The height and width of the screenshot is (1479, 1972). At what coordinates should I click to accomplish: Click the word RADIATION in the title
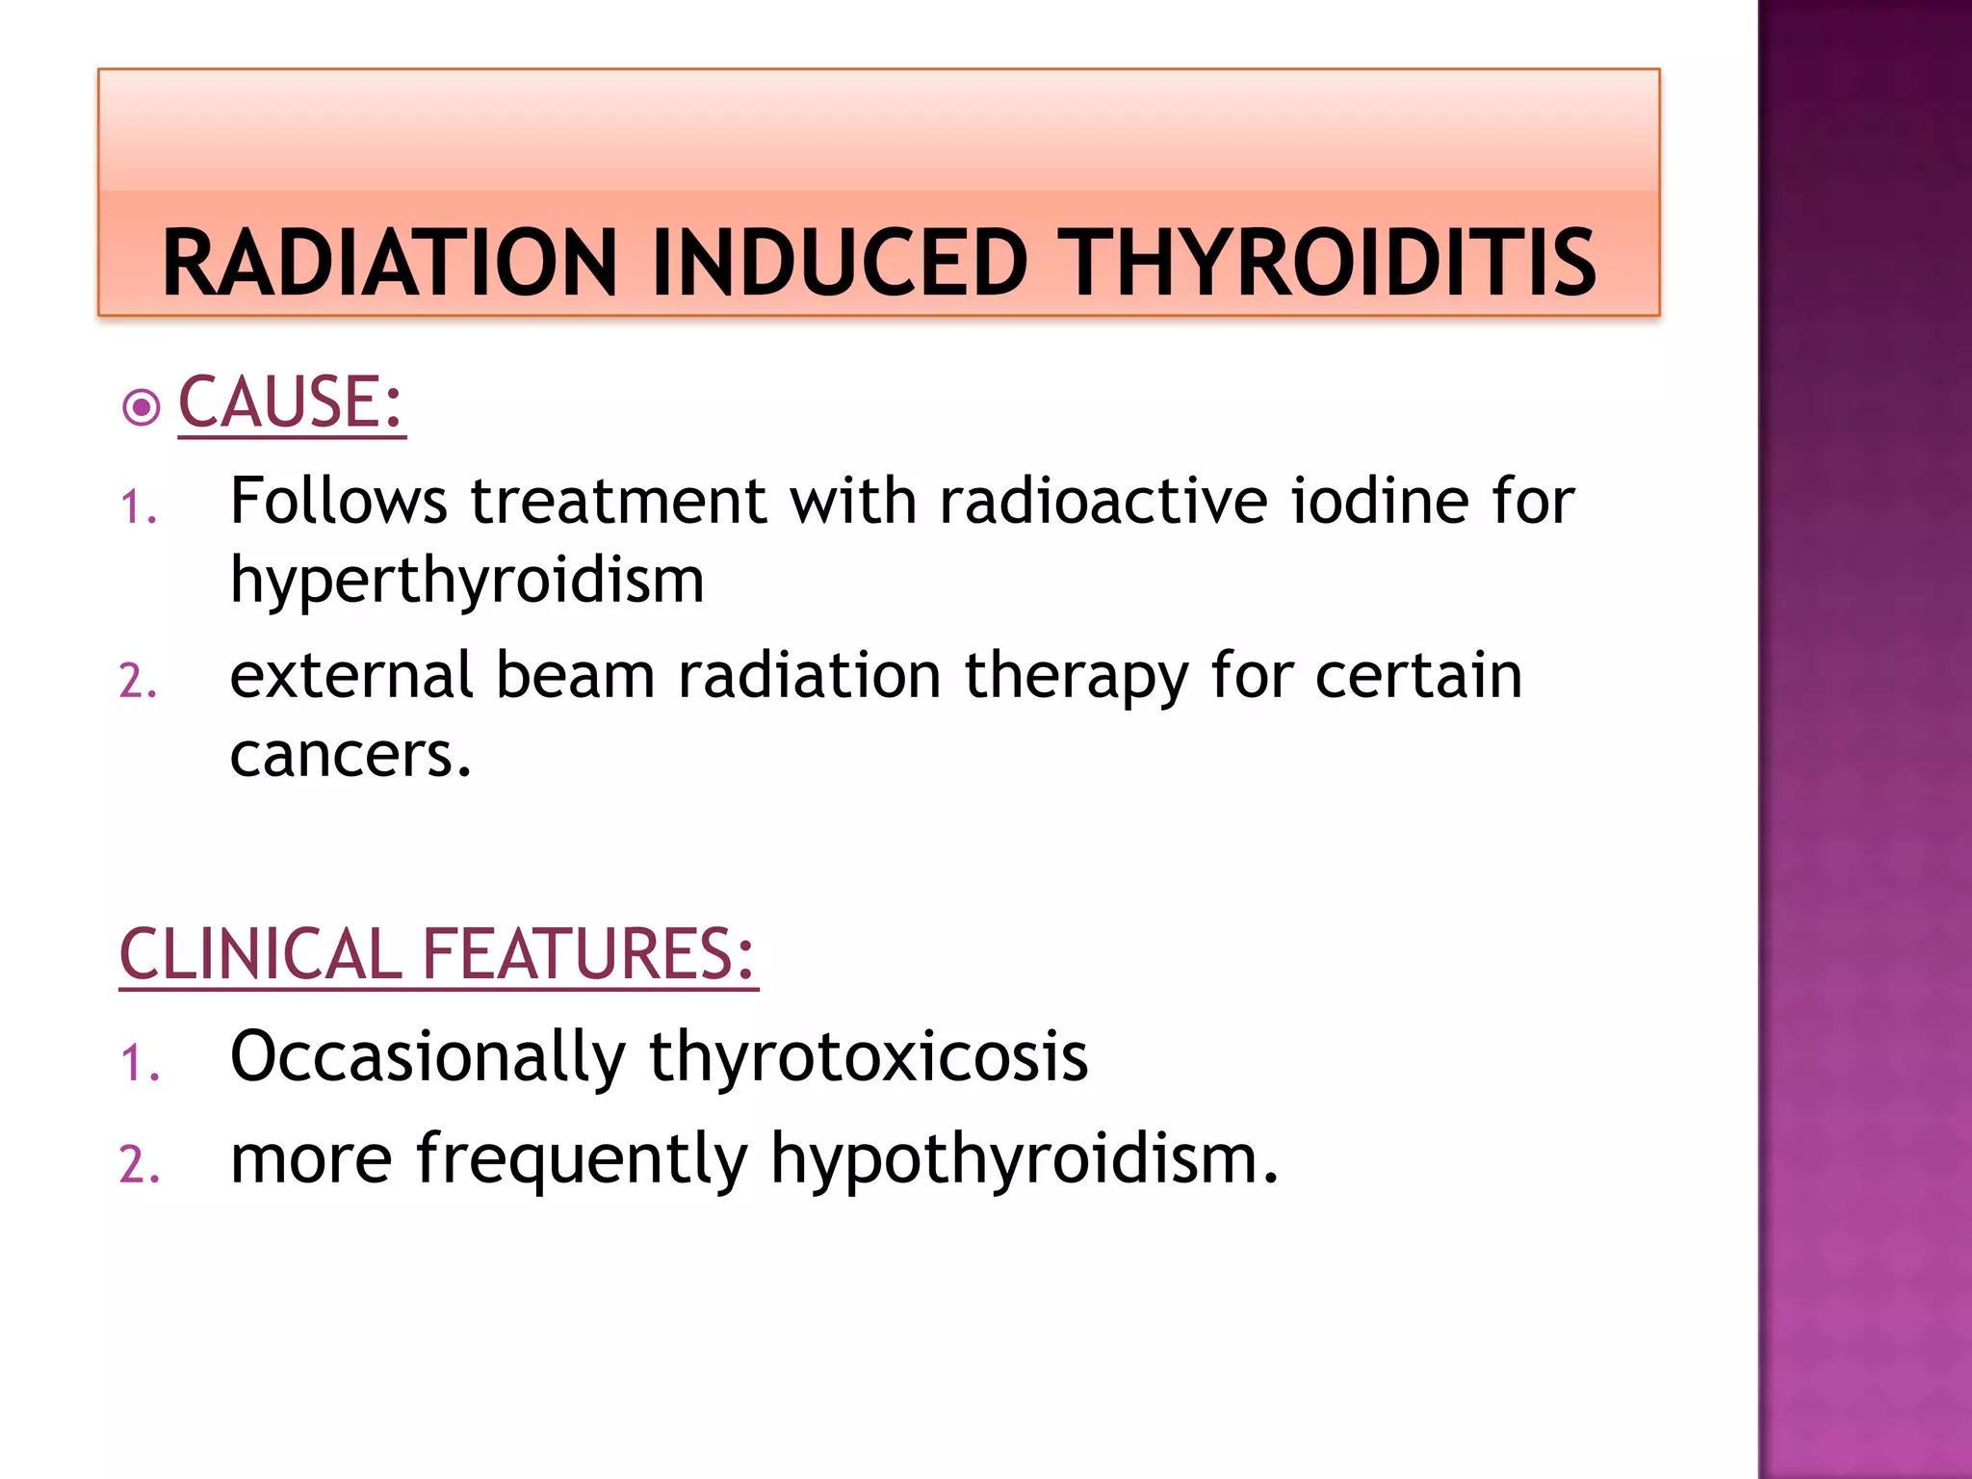pos(389,263)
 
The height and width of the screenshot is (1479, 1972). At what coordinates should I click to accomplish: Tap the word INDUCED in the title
pos(840,263)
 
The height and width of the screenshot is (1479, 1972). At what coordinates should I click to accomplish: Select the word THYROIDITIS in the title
pos(1332,263)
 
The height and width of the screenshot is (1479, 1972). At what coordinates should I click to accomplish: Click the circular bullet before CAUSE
pos(142,407)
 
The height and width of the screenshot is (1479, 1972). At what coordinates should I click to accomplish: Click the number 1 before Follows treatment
pos(138,507)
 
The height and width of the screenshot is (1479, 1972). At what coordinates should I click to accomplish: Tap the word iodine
pos(1379,502)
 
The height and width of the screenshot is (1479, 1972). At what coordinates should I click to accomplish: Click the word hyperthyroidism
pos(467,581)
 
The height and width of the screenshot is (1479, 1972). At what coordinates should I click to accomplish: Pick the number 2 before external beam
pos(138,681)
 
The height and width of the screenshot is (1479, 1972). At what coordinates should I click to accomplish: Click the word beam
pos(575,675)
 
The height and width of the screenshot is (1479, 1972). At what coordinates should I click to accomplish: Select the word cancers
pos(350,755)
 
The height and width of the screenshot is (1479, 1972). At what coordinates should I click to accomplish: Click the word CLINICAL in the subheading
pos(259,954)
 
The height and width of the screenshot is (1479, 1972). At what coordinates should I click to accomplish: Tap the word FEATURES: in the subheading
pos(588,954)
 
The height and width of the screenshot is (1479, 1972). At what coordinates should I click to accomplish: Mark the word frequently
pos(582,1160)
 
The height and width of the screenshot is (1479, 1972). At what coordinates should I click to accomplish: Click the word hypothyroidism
pos(1024,1160)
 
